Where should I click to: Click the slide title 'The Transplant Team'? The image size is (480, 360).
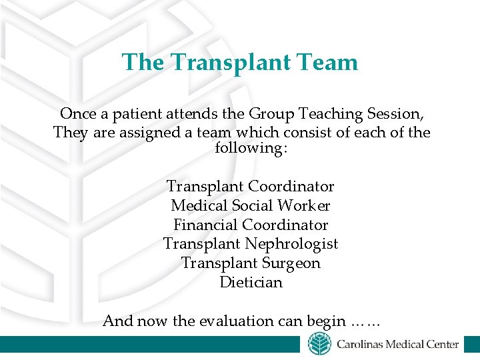[x=239, y=62]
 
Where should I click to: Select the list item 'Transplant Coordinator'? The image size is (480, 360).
[x=250, y=186]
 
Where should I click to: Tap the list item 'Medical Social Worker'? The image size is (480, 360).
[x=250, y=206]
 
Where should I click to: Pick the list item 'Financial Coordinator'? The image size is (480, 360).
[x=250, y=225]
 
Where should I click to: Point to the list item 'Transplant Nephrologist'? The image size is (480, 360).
[x=250, y=244]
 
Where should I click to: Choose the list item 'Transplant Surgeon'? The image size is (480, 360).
[x=250, y=263]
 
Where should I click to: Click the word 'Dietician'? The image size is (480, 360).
[x=251, y=282]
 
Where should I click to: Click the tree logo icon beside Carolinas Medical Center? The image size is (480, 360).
[x=319, y=345]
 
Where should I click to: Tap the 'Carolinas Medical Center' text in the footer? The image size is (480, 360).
[x=397, y=345]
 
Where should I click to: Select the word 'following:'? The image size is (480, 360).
[x=251, y=148]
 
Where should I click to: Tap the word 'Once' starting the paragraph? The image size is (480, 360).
[x=77, y=114]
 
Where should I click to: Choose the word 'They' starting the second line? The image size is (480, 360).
[x=69, y=132]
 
